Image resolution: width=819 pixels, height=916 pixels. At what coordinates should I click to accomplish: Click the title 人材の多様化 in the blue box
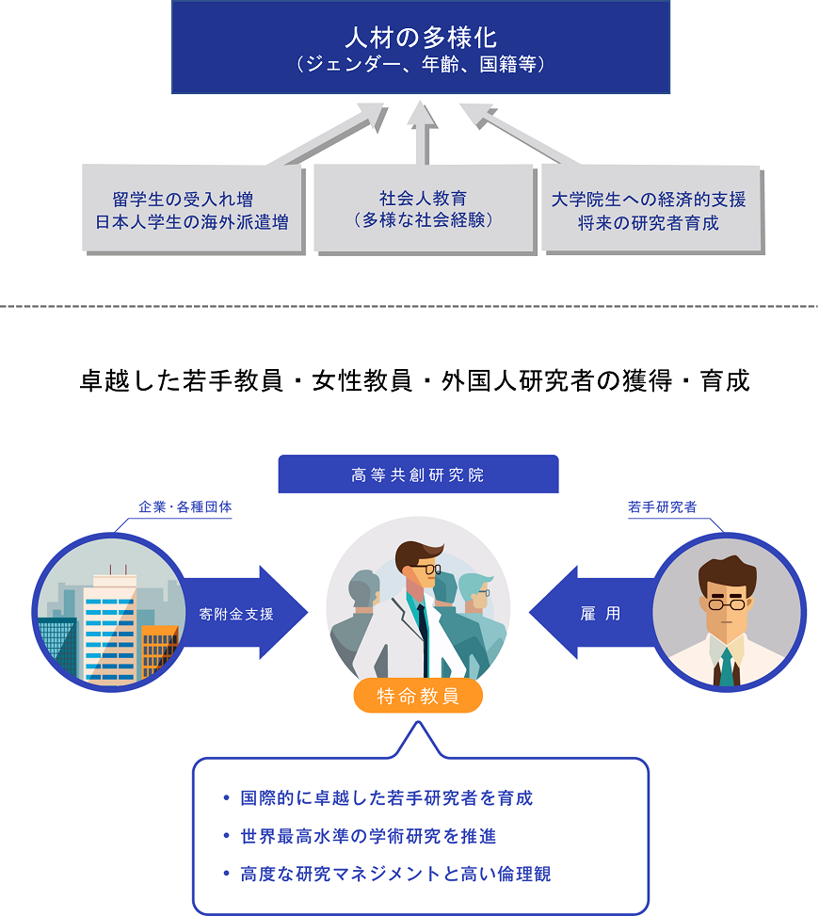[420, 38]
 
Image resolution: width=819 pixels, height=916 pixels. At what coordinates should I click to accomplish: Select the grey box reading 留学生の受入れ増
[192, 210]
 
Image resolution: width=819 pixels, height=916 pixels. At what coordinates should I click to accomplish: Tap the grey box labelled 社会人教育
[423, 208]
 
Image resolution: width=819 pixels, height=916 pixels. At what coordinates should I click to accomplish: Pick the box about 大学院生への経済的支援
[649, 210]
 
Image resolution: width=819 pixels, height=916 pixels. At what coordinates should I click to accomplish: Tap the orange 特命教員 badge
[418, 697]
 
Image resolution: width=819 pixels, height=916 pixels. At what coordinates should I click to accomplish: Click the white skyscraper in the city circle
[110, 626]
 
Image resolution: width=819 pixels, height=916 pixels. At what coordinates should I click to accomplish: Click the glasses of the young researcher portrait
[727, 603]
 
